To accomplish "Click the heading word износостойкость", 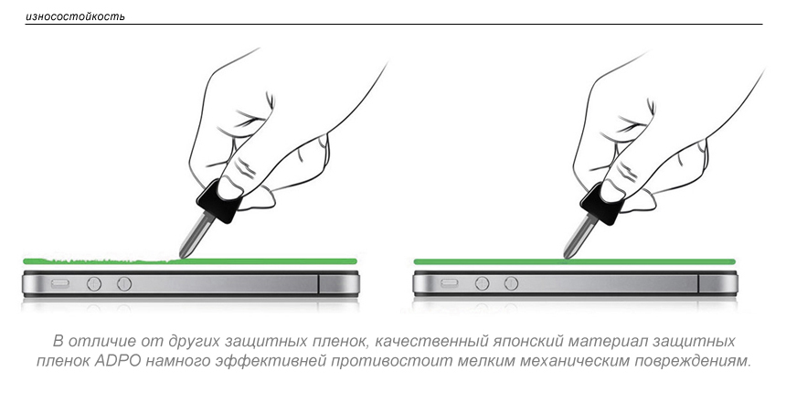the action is [x=75, y=17].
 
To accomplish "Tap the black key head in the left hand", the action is [x=219, y=200].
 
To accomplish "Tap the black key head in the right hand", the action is [x=603, y=203].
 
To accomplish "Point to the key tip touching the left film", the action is [x=182, y=256].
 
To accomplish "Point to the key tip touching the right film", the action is [x=567, y=256].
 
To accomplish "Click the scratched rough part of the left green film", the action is [x=101, y=260].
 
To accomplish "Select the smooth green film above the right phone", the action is [x=575, y=261].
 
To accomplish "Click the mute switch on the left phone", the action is [x=60, y=283].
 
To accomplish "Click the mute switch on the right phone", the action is [x=449, y=283].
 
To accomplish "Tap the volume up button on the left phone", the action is [x=94, y=284].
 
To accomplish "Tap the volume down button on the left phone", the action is [x=124, y=284].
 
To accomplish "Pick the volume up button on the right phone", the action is [x=483, y=283].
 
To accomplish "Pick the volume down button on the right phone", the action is [x=511, y=283].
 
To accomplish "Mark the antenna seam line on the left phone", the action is [x=318, y=283].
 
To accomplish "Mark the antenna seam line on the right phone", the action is [x=698, y=283].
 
